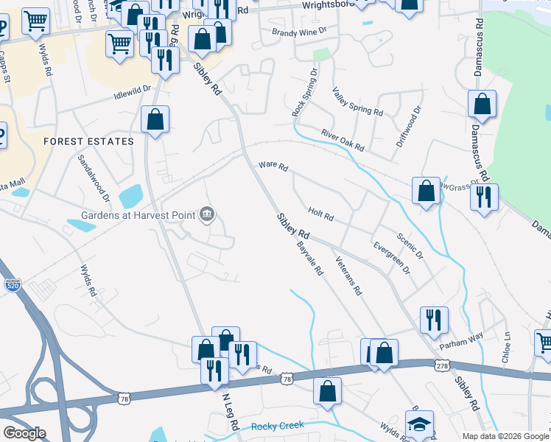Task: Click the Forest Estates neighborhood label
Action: (88, 141)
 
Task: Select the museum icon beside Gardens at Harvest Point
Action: (207, 214)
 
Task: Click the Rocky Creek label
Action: (278, 426)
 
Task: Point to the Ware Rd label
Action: (273, 166)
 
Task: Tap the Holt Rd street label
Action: (321, 216)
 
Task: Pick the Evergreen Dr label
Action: (391, 258)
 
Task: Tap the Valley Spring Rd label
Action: (357, 102)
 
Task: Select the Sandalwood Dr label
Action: (94, 179)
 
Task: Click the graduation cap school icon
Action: (419, 424)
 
